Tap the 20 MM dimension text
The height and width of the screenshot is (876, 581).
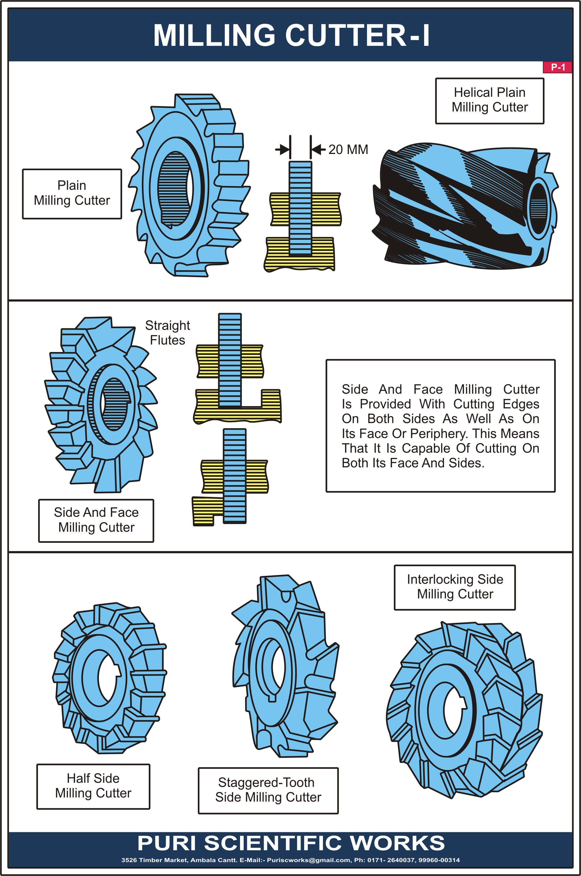[x=348, y=150]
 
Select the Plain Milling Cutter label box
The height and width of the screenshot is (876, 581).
[x=72, y=193]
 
